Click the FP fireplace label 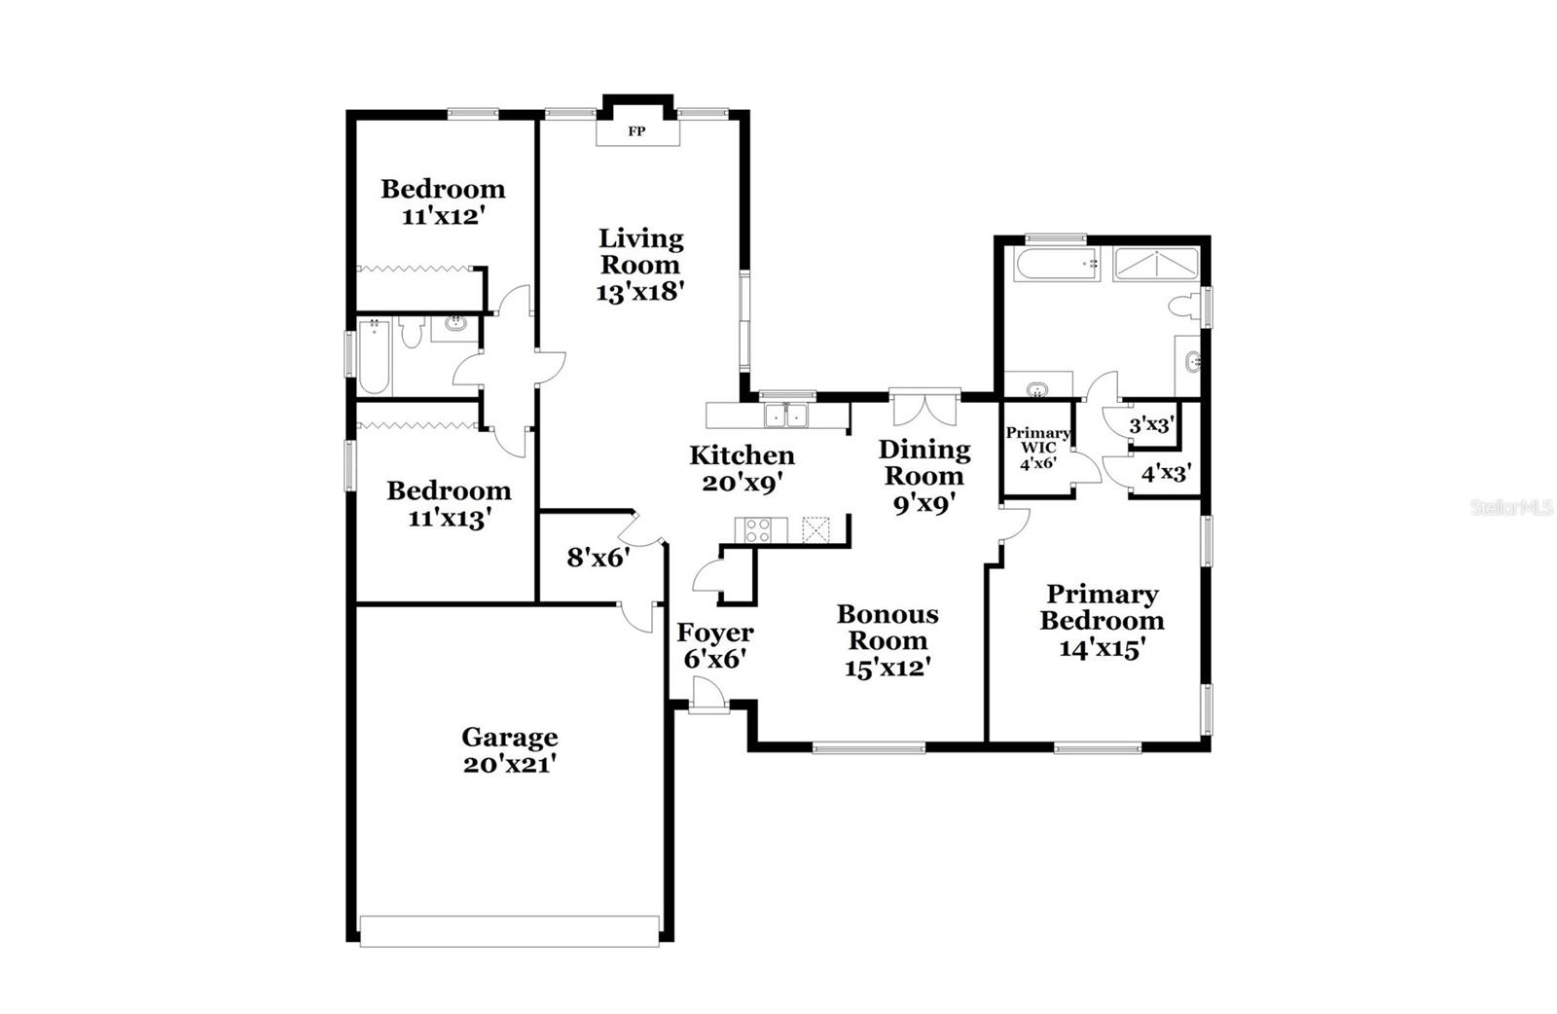[636, 131]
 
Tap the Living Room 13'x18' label [641, 265]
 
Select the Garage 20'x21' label [509, 750]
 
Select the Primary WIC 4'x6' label [1037, 448]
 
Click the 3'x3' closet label [1152, 425]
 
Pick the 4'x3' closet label [1166, 474]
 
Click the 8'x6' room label [598, 559]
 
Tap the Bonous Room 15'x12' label [887, 640]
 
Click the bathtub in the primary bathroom [1056, 264]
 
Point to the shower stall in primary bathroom [1155, 264]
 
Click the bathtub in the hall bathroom [374, 357]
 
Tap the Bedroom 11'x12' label [443, 201]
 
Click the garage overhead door [509, 929]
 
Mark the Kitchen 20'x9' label [742, 468]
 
